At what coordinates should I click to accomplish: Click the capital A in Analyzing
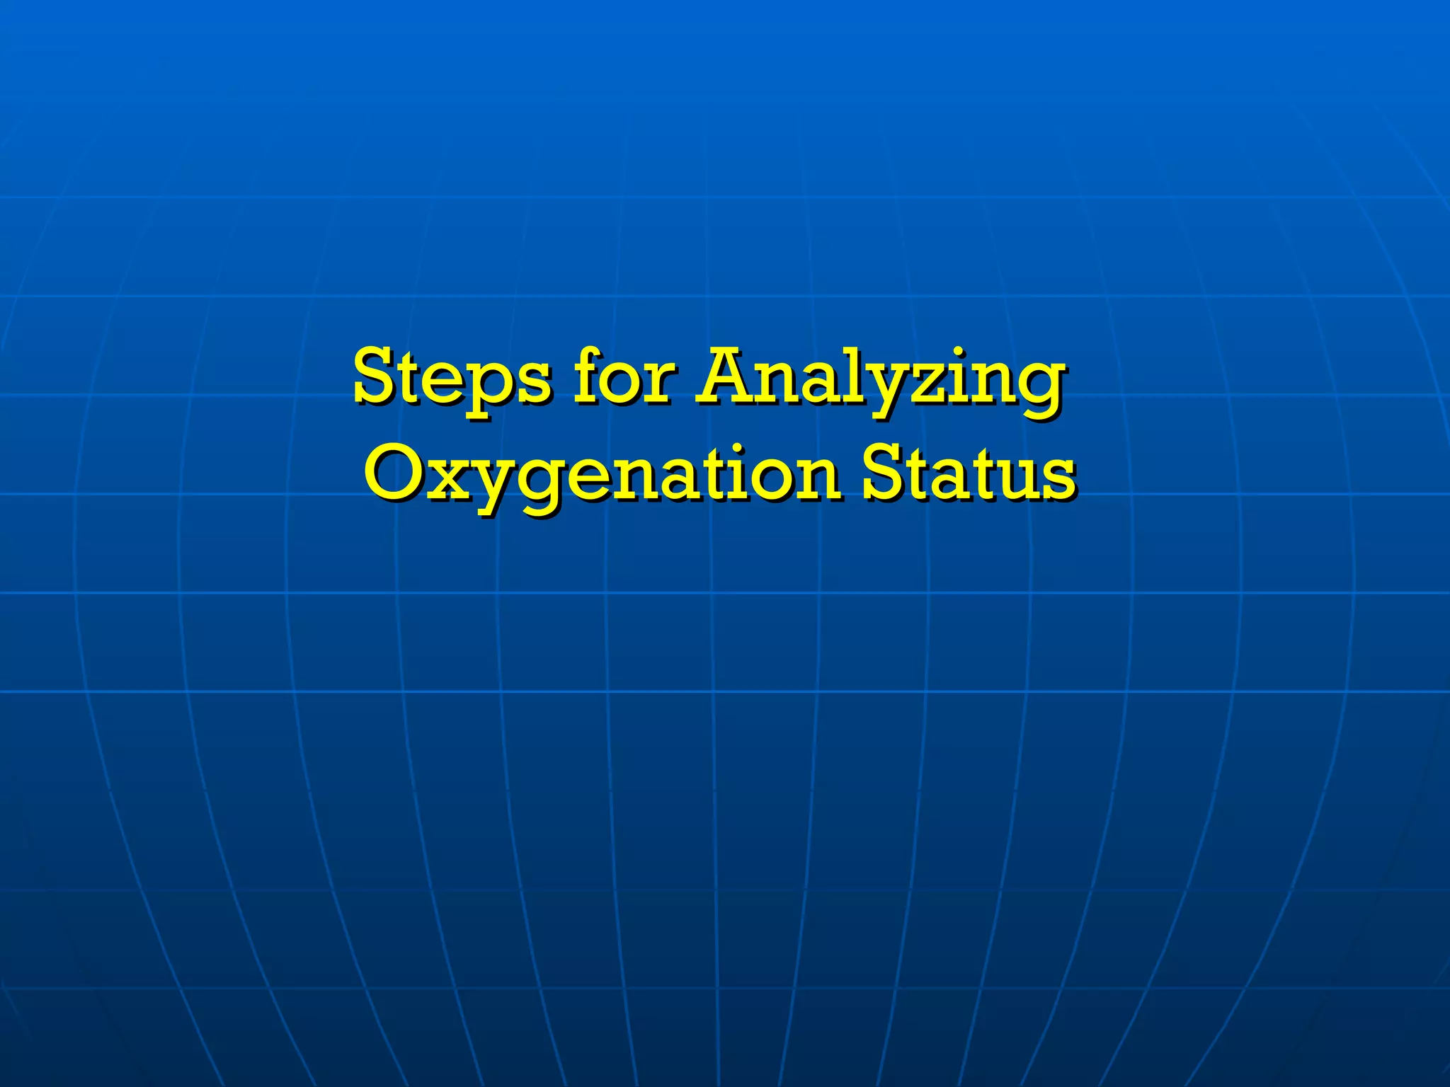[729, 375]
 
